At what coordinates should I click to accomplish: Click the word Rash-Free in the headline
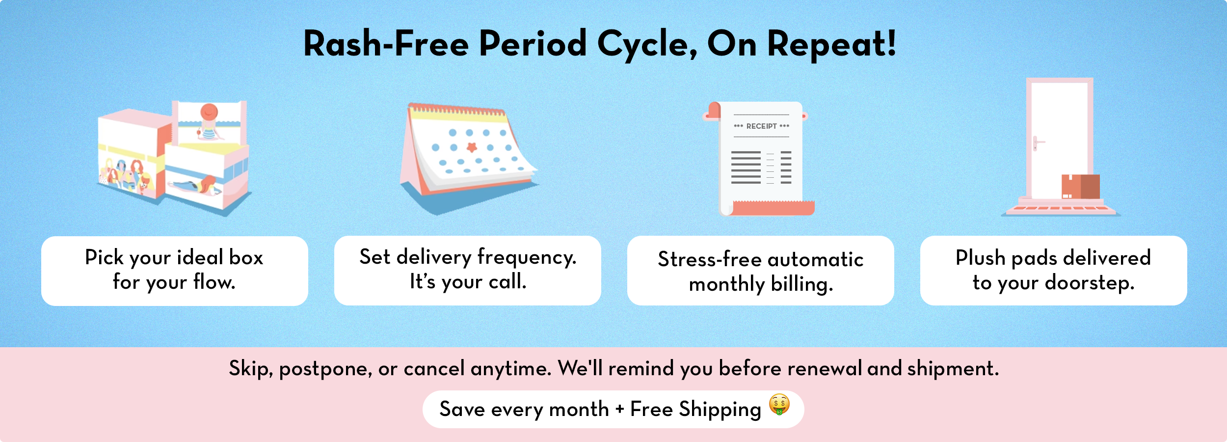(x=386, y=43)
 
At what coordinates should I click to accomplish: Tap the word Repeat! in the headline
(x=831, y=44)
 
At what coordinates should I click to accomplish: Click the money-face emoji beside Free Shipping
(x=779, y=405)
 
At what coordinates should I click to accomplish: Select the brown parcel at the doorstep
(x=1080, y=187)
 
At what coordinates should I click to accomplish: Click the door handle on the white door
(x=1037, y=143)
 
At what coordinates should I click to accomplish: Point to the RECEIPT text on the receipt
(x=761, y=126)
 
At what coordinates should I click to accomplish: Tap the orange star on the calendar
(x=471, y=147)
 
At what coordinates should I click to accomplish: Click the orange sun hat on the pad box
(x=209, y=112)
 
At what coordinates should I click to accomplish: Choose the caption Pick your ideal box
(x=174, y=257)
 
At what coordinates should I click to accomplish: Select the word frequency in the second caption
(x=527, y=257)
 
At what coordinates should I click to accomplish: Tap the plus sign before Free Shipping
(x=620, y=409)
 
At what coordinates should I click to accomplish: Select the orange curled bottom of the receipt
(x=771, y=208)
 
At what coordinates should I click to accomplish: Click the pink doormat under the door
(x=1060, y=209)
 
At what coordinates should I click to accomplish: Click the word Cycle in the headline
(x=647, y=44)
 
